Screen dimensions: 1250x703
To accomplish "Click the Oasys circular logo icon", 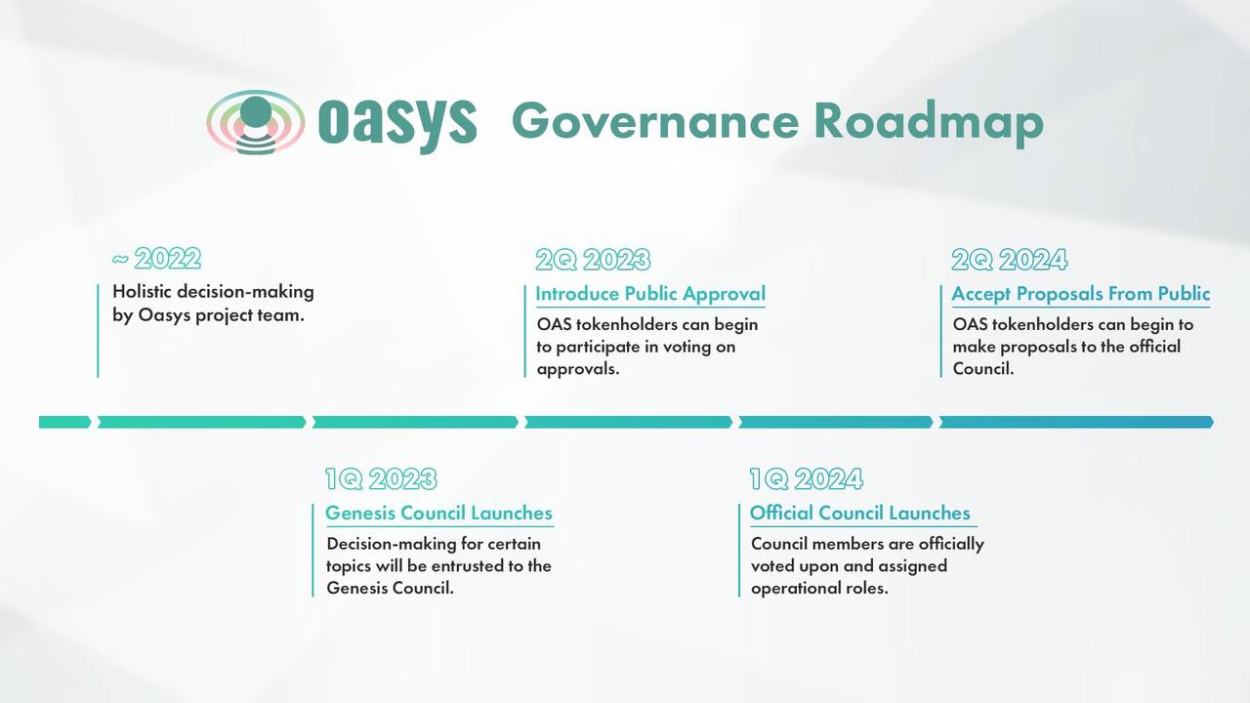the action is pos(256,122).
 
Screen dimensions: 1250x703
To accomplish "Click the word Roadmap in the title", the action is pos(929,123).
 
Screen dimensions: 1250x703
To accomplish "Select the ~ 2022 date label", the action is pos(156,259).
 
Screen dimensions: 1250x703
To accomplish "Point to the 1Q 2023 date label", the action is pos(382,478).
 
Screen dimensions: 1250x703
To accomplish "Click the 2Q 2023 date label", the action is pos(593,260).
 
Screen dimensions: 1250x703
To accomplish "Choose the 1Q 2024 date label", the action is pos(807,478).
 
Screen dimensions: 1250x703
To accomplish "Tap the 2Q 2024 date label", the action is pos(1010,260).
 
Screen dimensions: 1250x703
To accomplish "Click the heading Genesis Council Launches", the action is pos(438,514).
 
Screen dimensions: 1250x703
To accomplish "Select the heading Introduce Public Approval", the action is pos(650,294).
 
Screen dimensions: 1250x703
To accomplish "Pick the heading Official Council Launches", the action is pos(860,514).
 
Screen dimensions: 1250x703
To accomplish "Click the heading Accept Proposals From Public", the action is pos(1081,294).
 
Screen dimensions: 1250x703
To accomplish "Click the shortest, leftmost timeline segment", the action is pos(64,423).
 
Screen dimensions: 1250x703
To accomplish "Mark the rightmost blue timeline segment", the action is pos(1076,423).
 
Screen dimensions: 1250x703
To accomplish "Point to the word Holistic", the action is pos(143,291).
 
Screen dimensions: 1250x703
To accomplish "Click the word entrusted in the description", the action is pos(468,565).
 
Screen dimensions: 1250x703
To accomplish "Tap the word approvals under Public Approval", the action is pos(578,369).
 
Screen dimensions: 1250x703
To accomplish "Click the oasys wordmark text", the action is pos(397,123).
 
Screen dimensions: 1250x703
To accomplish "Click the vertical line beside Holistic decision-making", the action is pos(98,331).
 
